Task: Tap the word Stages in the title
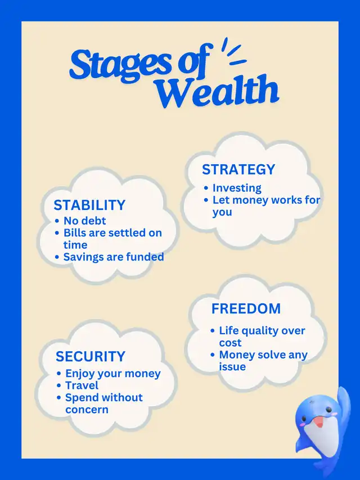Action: coord(120,65)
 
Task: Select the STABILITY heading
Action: coord(89,205)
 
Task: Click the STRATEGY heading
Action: coord(238,169)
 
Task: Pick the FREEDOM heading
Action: coord(246,308)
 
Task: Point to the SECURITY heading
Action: coord(91,356)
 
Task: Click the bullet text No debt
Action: coord(84,221)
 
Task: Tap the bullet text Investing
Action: coord(237,188)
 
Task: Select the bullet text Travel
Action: coord(82,385)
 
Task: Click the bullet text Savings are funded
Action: coord(114,257)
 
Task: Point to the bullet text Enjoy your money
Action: coord(113,374)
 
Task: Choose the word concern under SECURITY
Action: coord(87,410)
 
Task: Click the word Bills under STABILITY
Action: coord(74,232)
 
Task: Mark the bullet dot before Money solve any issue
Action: coord(213,355)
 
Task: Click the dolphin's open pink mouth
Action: coord(319,422)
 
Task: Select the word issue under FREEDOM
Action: coord(232,367)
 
